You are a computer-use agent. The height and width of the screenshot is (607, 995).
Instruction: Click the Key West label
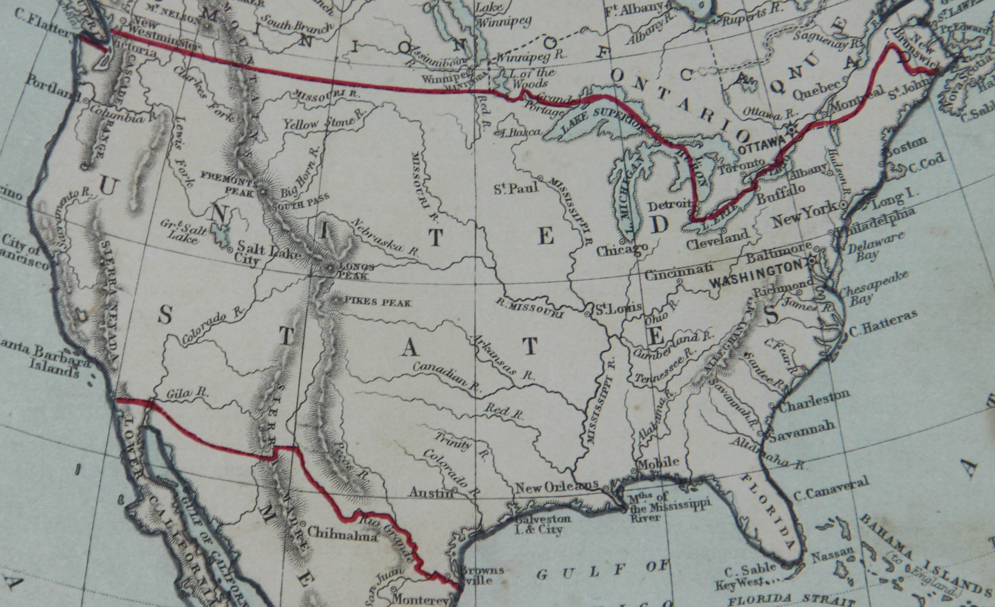coord(739,584)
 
